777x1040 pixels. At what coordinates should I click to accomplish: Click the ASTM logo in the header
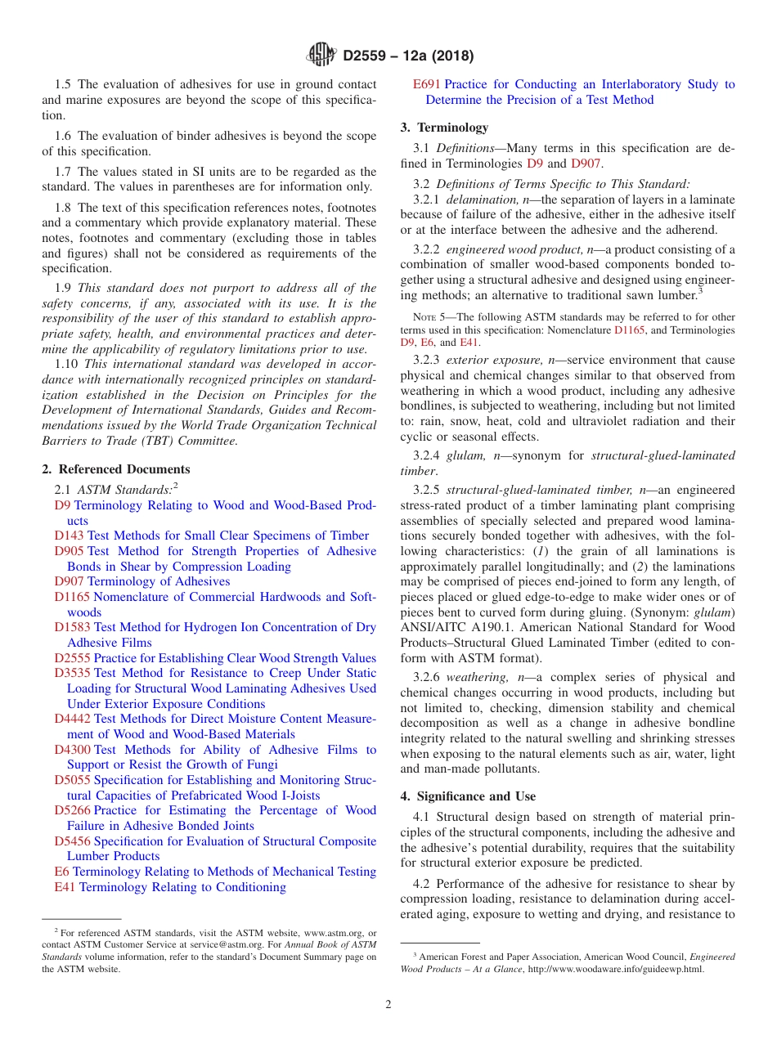(321, 56)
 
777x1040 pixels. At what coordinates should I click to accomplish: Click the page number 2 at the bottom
(388, 1004)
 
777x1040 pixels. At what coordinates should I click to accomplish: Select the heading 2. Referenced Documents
(116, 469)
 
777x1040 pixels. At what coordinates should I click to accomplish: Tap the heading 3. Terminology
(444, 128)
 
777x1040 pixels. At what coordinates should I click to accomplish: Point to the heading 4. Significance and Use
(468, 796)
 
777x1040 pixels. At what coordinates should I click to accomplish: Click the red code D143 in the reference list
(69, 536)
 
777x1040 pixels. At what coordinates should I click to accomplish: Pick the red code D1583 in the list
(73, 627)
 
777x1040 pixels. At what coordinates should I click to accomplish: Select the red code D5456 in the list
(73, 841)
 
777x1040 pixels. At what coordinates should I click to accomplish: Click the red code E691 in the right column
(427, 84)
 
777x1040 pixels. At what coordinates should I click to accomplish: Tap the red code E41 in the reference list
(65, 887)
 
